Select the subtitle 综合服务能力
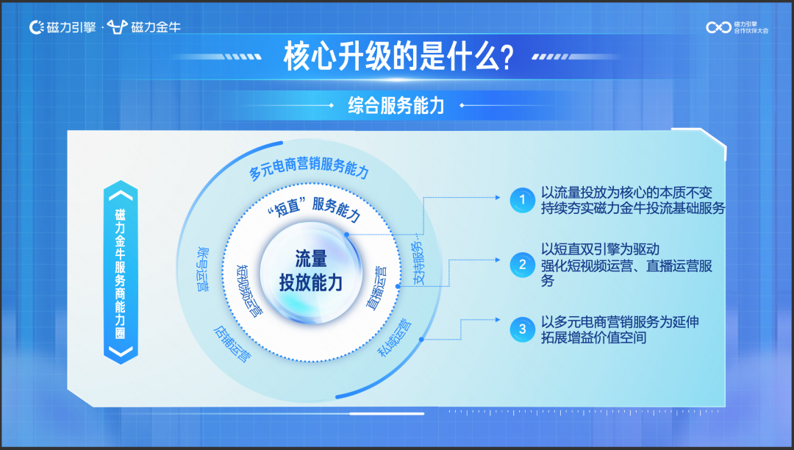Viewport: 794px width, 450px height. click(x=396, y=105)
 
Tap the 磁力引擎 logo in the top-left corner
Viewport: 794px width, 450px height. click(x=62, y=27)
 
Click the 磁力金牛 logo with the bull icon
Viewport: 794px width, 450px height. click(x=144, y=27)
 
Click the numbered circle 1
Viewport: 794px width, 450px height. click(x=523, y=199)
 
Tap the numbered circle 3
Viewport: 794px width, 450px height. click(x=523, y=329)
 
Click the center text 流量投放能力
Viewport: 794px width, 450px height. click(x=310, y=270)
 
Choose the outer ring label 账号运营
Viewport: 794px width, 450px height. click(x=201, y=269)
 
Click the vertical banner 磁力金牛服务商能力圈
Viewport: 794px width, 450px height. click(x=121, y=272)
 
